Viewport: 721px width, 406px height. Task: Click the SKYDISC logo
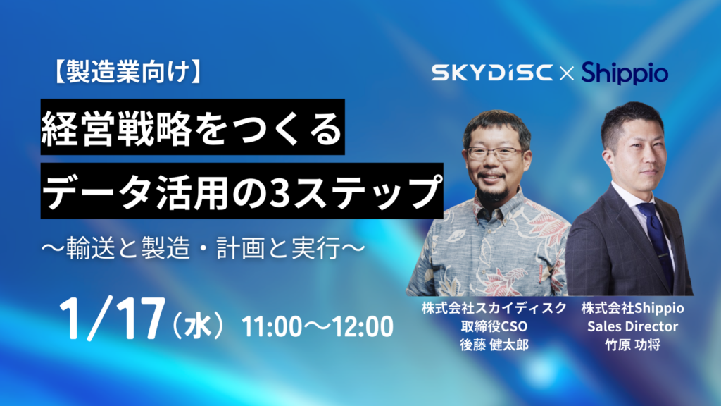tap(492, 73)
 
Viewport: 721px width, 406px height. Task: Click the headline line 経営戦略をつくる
tap(192, 128)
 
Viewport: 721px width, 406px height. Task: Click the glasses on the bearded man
tap(494, 152)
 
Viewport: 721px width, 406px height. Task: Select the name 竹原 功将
tap(632, 345)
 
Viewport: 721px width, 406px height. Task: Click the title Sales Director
tap(632, 327)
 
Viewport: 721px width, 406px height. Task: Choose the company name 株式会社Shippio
tap(632, 309)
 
